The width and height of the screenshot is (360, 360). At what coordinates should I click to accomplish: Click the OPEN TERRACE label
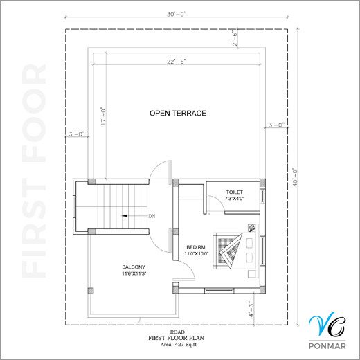178,114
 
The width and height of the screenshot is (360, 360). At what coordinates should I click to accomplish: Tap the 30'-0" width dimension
177,15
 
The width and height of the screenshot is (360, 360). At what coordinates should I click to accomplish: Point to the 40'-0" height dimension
295,177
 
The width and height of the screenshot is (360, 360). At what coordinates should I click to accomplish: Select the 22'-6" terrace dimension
177,62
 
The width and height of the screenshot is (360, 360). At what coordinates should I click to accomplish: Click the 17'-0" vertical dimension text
103,116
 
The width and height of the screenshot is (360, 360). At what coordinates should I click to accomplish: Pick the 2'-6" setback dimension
235,38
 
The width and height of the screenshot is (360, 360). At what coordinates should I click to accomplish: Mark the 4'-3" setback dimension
251,309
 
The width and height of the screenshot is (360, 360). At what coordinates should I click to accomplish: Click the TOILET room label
235,192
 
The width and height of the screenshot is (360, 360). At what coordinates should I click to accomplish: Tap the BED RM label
196,247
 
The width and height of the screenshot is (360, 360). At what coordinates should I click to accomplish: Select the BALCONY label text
134,267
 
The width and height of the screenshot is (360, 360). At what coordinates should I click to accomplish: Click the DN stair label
152,216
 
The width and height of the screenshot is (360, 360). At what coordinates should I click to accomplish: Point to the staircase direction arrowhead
125,216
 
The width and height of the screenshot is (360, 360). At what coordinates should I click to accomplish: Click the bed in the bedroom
235,251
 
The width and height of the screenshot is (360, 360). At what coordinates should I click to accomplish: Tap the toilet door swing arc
219,200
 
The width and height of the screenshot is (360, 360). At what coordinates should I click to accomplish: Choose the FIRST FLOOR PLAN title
176,338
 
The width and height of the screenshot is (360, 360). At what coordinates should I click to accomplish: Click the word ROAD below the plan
177,332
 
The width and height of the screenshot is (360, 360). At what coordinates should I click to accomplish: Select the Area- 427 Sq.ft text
179,345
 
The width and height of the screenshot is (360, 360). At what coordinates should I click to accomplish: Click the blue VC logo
327,323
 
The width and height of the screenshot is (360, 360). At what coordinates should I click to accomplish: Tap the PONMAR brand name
327,346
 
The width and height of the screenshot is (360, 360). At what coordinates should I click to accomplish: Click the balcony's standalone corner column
91,291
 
